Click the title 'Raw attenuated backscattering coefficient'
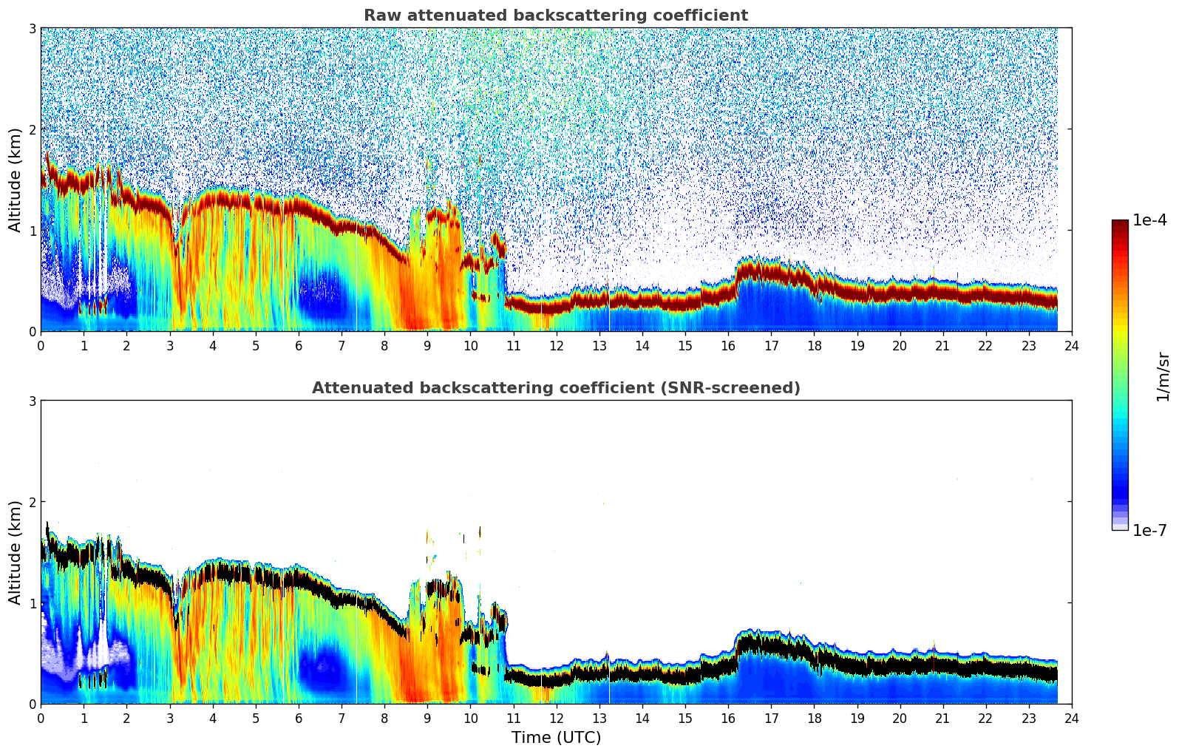click(x=555, y=16)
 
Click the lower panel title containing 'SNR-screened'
click(x=555, y=388)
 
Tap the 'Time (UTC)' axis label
click(x=556, y=737)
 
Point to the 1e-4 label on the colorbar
click(x=1149, y=220)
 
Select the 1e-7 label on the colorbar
click(x=1149, y=530)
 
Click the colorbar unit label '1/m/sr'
click(x=1163, y=376)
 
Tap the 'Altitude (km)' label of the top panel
click(x=16, y=180)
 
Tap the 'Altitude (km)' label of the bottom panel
click(x=16, y=552)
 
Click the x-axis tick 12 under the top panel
click(x=556, y=345)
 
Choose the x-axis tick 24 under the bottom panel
click(x=1072, y=718)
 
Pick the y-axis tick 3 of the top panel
click(x=33, y=28)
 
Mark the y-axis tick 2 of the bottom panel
click(x=33, y=502)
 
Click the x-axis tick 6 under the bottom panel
click(x=299, y=718)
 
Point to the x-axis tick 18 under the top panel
click(x=814, y=345)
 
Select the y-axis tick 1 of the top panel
click(x=33, y=231)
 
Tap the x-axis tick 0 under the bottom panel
click(x=41, y=718)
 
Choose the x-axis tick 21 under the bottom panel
click(x=942, y=718)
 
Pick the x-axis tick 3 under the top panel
click(x=169, y=345)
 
